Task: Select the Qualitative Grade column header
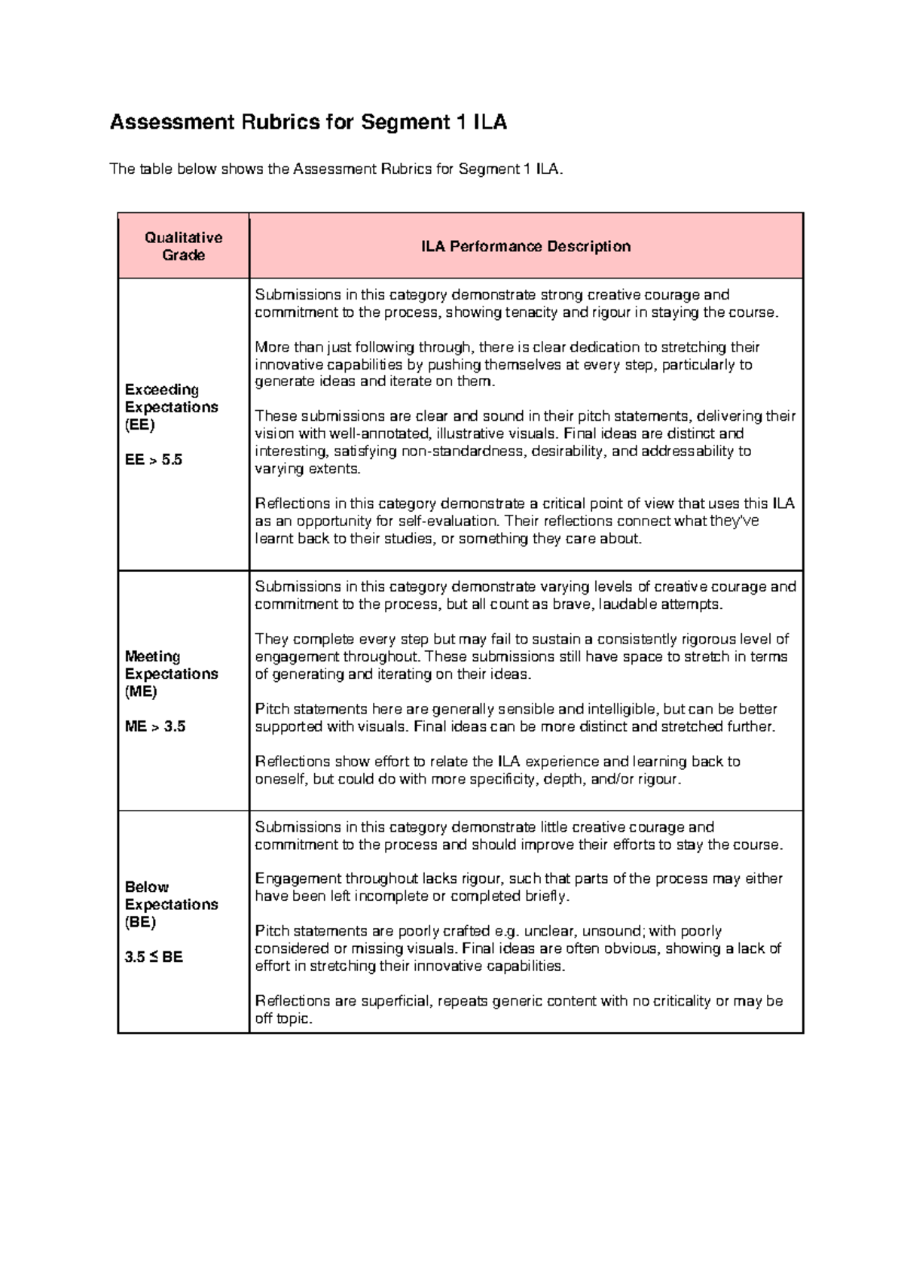183,246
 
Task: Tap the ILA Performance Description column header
525,246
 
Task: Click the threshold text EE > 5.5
154,460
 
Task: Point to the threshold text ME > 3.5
155,726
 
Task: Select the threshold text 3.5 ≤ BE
154,957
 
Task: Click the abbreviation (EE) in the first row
139,424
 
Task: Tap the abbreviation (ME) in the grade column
141,692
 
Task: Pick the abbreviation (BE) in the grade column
140,922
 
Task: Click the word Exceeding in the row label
162,390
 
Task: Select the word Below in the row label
147,887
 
